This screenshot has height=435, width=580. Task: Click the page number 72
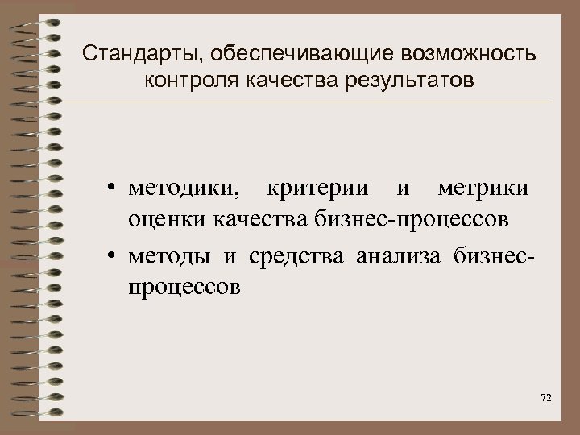(546, 399)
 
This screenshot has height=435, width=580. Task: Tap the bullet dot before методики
(108, 189)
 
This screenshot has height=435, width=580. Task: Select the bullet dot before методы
(108, 257)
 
